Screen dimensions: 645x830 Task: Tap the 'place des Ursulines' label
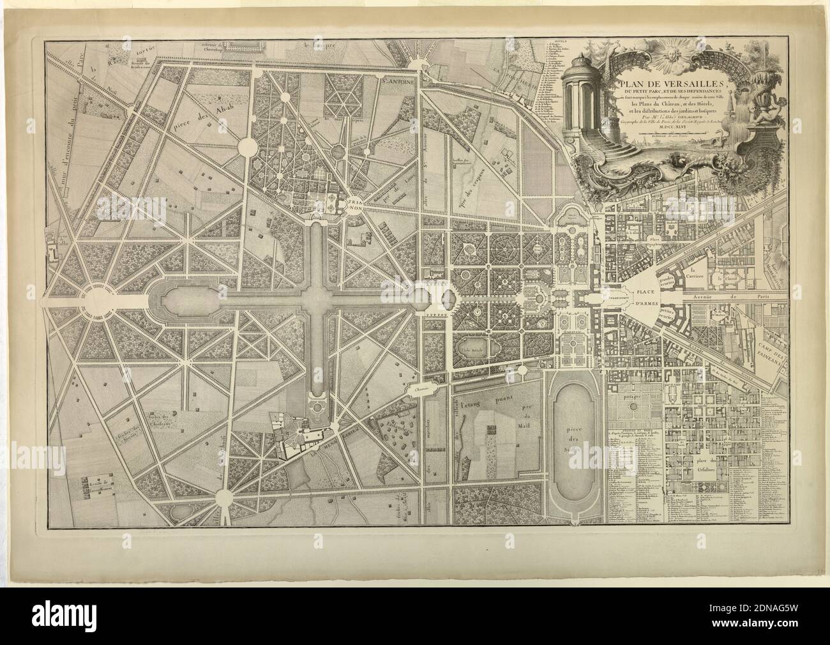coord(704,465)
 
